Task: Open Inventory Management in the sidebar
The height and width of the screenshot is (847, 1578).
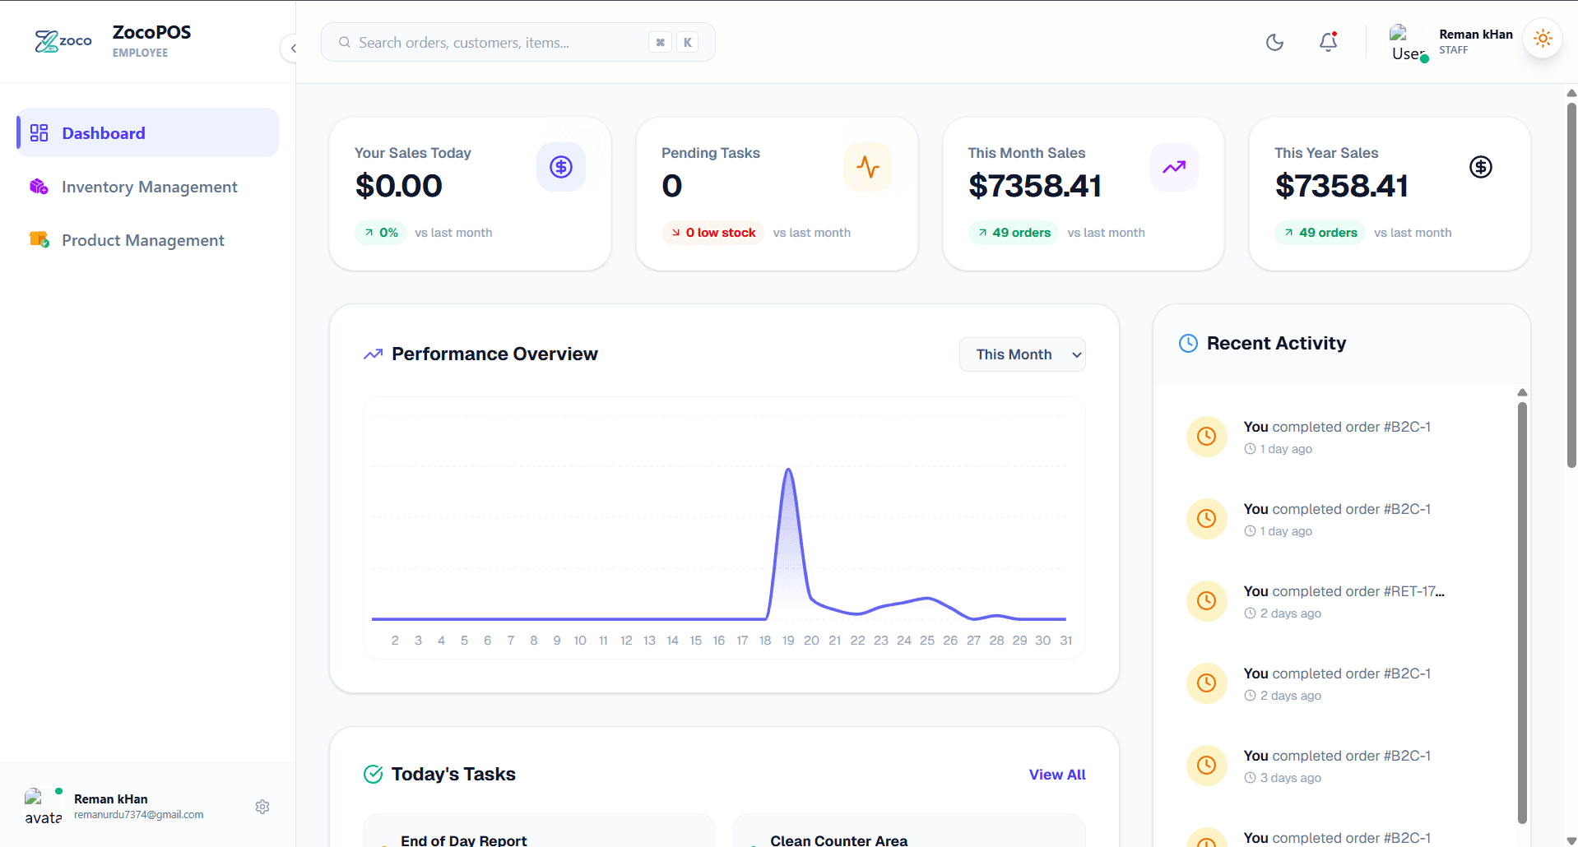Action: [149, 187]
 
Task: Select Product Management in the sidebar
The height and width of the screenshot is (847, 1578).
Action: [142, 241]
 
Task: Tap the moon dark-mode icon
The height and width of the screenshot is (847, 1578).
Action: [1274, 42]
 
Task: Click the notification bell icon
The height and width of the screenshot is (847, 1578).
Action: [1328, 42]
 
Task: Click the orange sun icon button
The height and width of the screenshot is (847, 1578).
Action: [1543, 39]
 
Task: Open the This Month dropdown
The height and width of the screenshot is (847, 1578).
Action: [1022, 354]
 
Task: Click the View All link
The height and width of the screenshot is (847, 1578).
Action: [1057, 775]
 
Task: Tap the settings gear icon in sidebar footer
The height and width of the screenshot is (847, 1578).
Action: [262, 807]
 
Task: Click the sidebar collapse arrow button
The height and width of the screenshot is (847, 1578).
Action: [292, 49]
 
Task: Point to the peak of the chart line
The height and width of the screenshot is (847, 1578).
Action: [788, 470]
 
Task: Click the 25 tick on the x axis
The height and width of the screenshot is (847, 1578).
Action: [927, 641]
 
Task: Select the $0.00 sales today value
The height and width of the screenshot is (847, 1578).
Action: [399, 186]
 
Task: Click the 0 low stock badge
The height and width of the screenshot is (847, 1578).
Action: [712, 233]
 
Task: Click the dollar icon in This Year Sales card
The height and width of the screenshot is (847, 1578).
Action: [1480, 167]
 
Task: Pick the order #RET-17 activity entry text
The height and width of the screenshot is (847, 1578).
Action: [1344, 591]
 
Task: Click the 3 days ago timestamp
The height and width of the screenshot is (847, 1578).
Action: [1290, 778]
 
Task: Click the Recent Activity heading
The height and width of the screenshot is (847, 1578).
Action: [1276, 344]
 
